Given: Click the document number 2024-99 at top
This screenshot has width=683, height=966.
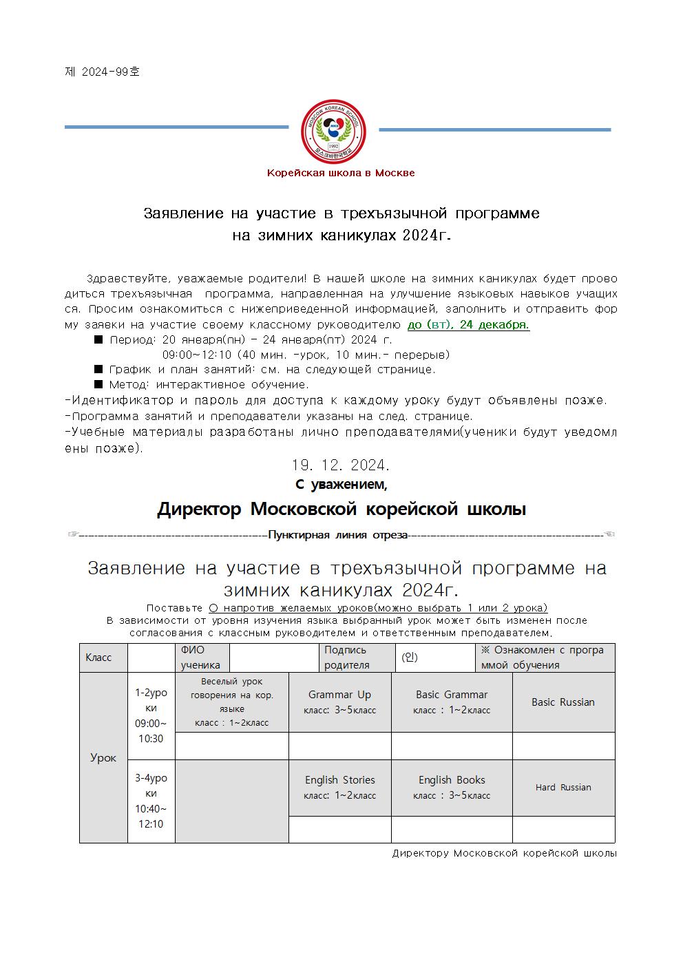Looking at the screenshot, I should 102,72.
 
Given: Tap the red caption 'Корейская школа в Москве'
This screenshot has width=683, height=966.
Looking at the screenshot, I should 341,173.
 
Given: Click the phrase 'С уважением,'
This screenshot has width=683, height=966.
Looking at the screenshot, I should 341,485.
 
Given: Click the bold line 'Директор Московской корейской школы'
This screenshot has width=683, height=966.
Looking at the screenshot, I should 341,510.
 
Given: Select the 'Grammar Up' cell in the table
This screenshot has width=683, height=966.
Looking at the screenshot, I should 339,702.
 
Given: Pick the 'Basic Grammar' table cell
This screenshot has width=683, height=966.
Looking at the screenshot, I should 452,702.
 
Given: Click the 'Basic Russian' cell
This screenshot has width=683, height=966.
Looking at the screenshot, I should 563,702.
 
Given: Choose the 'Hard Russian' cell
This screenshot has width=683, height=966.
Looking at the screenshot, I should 563,787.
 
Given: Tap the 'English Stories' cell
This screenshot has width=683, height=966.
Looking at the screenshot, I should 339,787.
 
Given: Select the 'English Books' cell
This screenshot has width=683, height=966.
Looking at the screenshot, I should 452,787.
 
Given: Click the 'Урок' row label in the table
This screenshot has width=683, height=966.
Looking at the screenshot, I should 103,757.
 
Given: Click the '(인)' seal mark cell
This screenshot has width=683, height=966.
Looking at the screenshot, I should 410,658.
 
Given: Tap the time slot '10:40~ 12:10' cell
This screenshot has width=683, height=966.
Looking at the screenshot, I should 151,801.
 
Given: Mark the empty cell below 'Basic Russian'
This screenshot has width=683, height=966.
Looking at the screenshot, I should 563,746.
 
